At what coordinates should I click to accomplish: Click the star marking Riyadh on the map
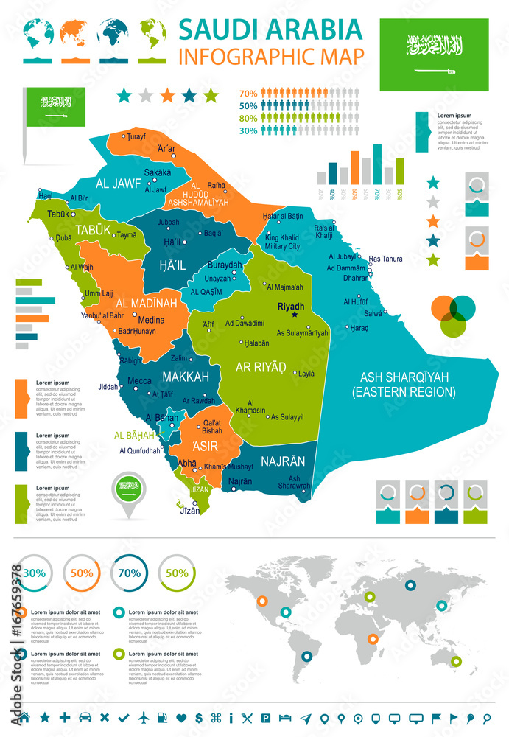(x=295, y=315)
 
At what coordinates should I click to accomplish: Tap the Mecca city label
(x=140, y=381)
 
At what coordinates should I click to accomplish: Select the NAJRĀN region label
(x=282, y=461)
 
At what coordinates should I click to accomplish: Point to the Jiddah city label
(x=107, y=386)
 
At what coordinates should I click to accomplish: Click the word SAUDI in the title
(x=214, y=29)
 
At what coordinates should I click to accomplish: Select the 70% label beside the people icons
(x=248, y=93)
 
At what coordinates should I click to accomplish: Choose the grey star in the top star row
(x=146, y=95)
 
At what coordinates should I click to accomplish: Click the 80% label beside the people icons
(x=248, y=118)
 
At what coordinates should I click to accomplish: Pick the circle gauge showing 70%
(x=130, y=572)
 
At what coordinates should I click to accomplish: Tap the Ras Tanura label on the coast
(x=385, y=259)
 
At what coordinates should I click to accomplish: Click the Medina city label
(x=152, y=320)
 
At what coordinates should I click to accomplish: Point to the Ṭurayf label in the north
(x=137, y=136)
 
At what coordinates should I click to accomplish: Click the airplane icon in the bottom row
(x=143, y=717)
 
